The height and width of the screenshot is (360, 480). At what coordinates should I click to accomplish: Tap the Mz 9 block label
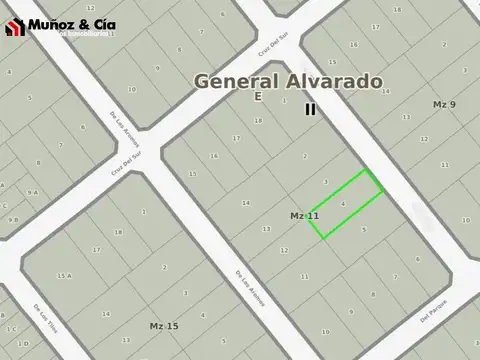(444, 104)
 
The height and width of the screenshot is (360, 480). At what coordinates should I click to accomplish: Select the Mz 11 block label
(304, 216)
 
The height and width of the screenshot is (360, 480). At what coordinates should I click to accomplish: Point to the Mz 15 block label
(164, 326)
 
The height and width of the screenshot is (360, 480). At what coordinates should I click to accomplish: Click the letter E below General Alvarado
(257, 97)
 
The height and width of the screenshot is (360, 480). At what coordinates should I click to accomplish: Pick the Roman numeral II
(310, 109)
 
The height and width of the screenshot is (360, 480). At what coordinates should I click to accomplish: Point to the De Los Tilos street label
(44, 317)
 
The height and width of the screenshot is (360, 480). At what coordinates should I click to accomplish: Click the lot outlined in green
(345, 204)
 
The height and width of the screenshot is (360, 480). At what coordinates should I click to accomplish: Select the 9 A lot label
(33, 192)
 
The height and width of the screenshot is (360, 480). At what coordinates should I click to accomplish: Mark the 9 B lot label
(12, 219)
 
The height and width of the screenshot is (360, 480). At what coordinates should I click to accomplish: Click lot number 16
(213, 156)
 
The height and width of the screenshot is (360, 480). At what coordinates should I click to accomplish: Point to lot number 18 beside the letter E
(258, 120)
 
